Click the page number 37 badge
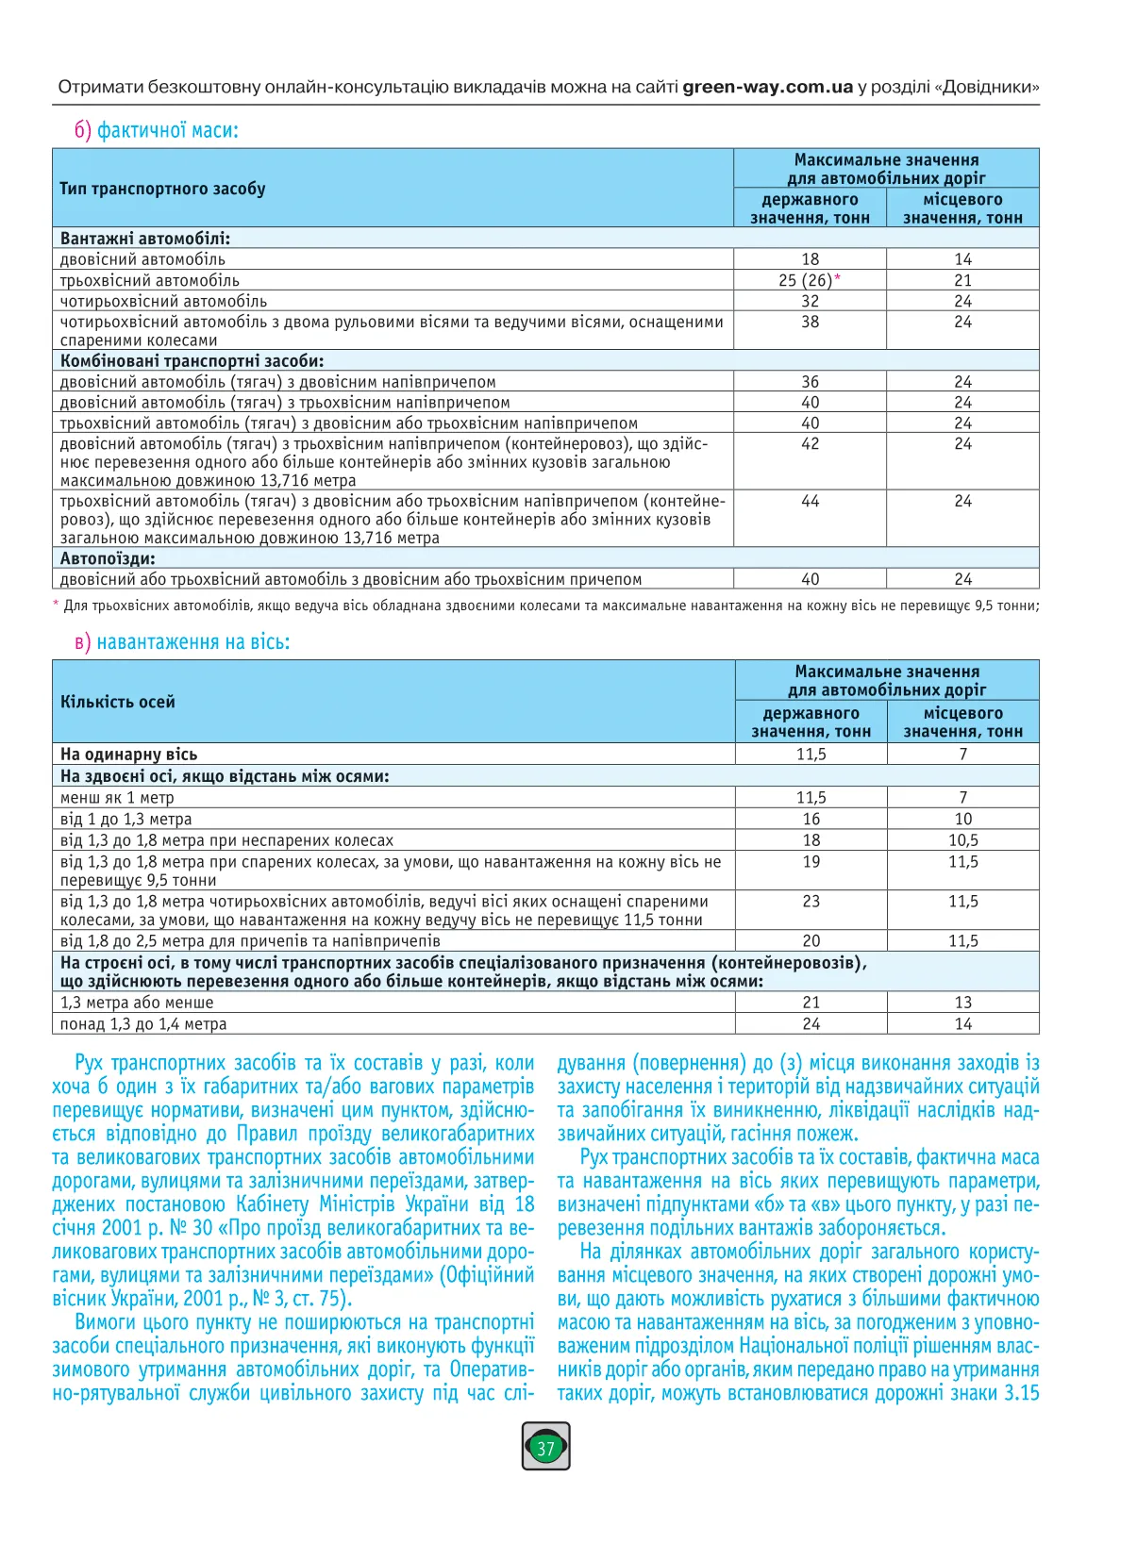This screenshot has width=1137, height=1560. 545,1448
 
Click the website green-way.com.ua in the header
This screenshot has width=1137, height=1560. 767,87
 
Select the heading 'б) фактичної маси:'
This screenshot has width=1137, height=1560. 157,130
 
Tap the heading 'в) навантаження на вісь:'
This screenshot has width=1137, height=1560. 182,642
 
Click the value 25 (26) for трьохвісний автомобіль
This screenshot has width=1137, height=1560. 806,280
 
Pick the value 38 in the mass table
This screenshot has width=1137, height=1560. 810,322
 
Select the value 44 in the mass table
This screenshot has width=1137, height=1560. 810,501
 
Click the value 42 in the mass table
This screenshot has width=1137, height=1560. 810,443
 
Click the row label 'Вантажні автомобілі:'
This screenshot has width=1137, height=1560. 145,239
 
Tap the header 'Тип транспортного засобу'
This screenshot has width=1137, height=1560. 162,189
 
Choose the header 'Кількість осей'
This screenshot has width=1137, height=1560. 118,702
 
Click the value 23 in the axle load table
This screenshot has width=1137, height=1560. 811,901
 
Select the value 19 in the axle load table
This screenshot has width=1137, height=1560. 811,861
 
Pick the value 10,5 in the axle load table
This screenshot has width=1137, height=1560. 962,840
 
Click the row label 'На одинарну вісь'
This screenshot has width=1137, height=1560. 128,755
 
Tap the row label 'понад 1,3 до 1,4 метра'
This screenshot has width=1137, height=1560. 143,1024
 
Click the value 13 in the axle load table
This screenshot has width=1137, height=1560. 962,1003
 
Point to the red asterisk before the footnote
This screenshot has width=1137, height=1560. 56,605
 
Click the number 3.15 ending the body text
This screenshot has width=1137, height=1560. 1021,1393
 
